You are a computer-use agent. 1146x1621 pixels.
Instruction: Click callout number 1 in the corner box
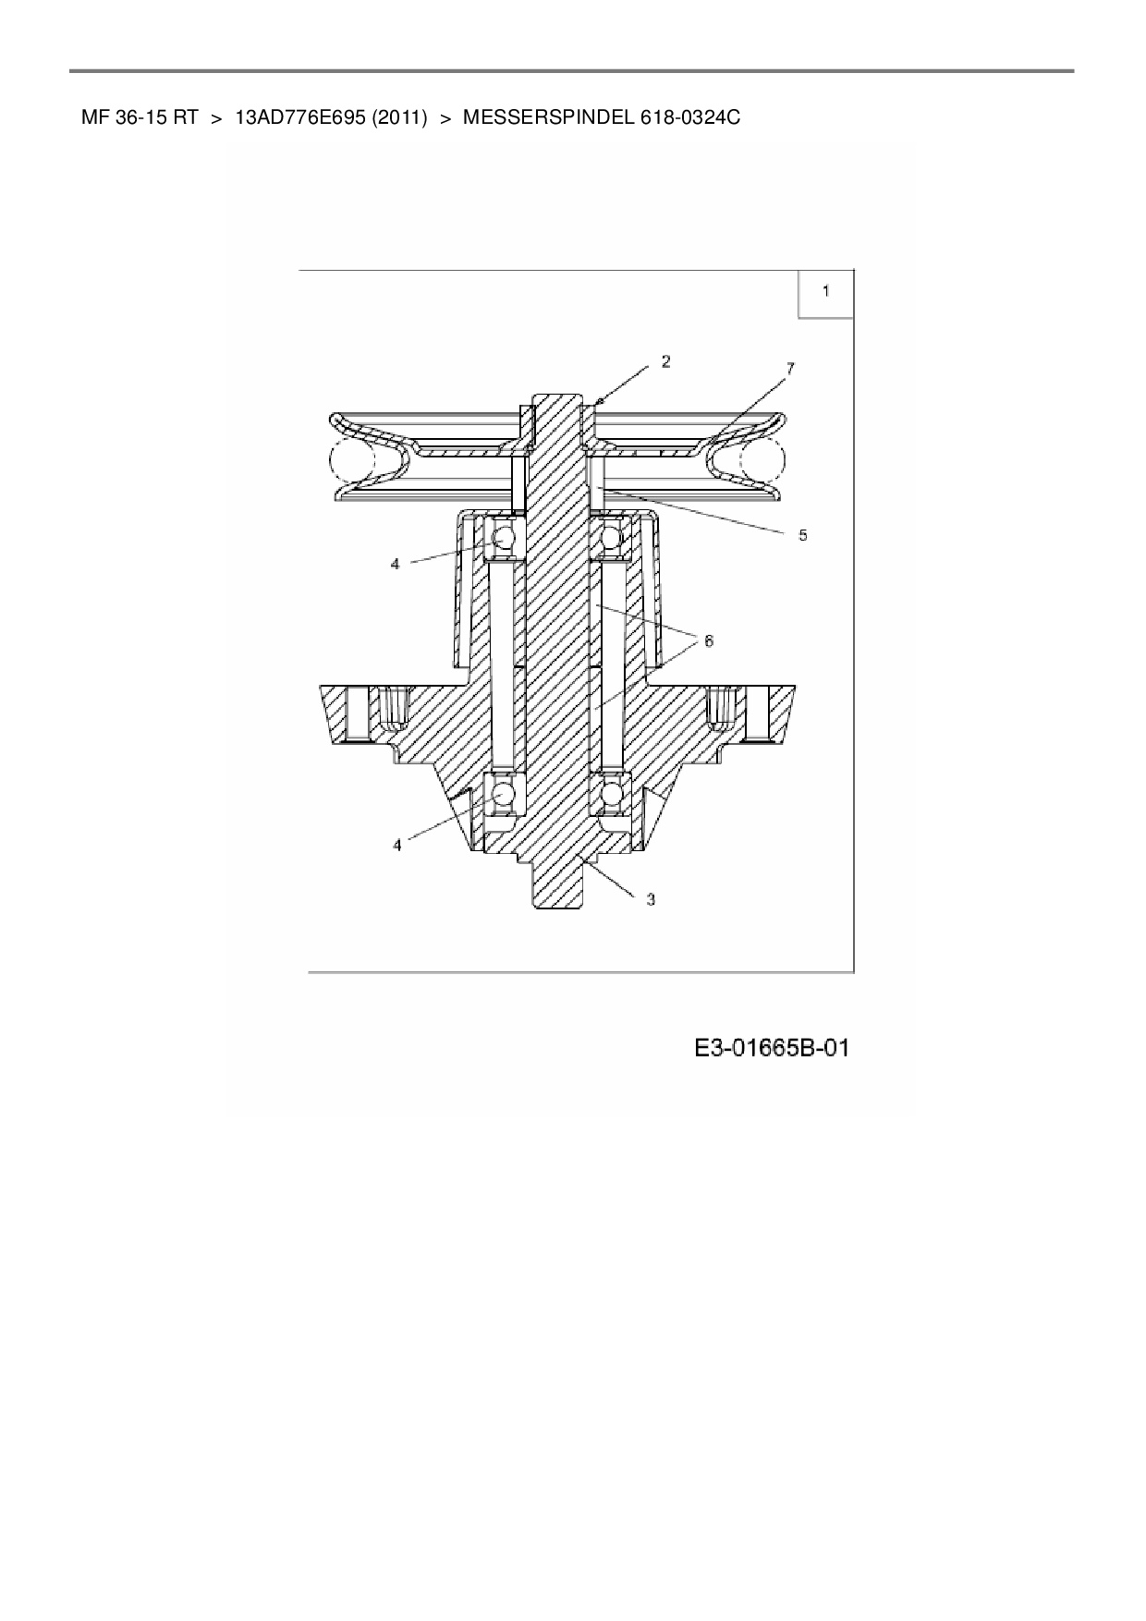[826, 291]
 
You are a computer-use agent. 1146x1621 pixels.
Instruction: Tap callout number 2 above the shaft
[665, 361]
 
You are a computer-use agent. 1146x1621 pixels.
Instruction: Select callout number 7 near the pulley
[789, 369]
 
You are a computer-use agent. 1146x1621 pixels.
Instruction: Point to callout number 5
[803, 535]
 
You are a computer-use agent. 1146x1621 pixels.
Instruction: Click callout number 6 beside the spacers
[709, 640]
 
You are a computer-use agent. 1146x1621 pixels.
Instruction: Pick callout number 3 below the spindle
[651, 898]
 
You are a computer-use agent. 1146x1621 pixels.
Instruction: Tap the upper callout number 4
[395, 563]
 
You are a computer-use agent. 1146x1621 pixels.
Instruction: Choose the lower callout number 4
[398, 845]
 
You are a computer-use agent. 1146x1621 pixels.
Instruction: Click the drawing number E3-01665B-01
[772, 1048]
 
